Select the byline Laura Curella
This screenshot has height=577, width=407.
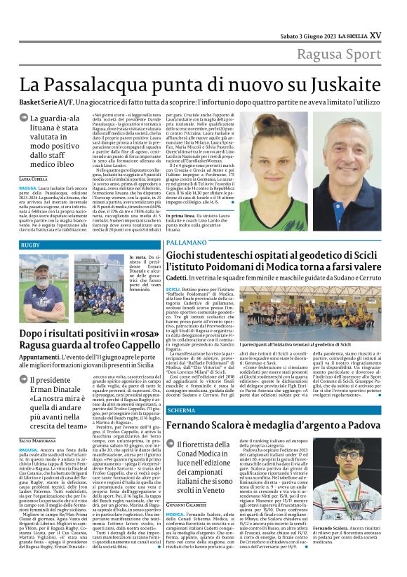[34, 179]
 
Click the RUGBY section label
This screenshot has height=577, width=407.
[30, 245]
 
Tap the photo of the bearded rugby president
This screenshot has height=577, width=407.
[44, 278]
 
